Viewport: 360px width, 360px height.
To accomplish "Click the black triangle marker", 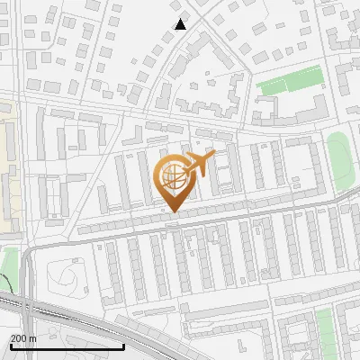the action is [x=181, y=24].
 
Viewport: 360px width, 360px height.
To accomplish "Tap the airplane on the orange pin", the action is [x=199, y=165].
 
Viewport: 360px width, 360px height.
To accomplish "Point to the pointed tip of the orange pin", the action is [x=172, y=212].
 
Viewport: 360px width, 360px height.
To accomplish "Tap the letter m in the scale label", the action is [x=32, y=338].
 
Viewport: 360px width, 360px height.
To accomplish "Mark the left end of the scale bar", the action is [x=10, y=346].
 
